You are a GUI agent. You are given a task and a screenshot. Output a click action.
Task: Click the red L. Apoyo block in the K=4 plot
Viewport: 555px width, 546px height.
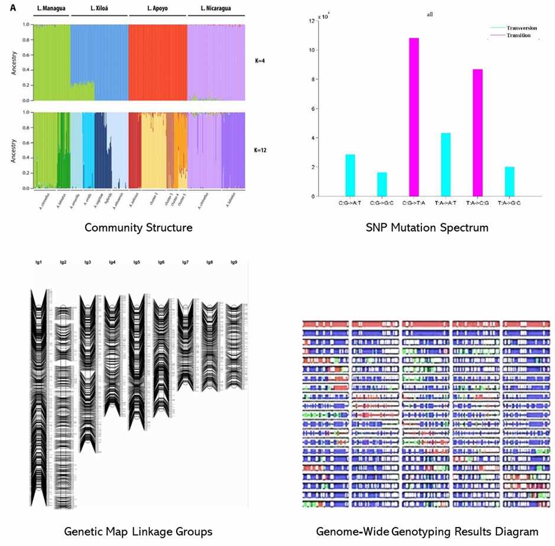coord(157,62)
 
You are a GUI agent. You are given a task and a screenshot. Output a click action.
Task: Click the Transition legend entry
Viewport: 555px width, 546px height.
coord(518,35)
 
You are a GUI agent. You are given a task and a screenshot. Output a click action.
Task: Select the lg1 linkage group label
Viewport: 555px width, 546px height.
coord(38,262)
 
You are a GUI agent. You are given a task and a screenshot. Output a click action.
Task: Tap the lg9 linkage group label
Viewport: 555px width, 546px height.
coord(234,262)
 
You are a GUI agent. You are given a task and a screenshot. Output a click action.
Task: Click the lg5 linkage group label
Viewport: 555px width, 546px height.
coord(136,262)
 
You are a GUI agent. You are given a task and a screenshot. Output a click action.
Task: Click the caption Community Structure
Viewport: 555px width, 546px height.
coord(138,227)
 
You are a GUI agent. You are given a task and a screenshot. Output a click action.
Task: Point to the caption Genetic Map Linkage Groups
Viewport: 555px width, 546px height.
coord(138,531)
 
